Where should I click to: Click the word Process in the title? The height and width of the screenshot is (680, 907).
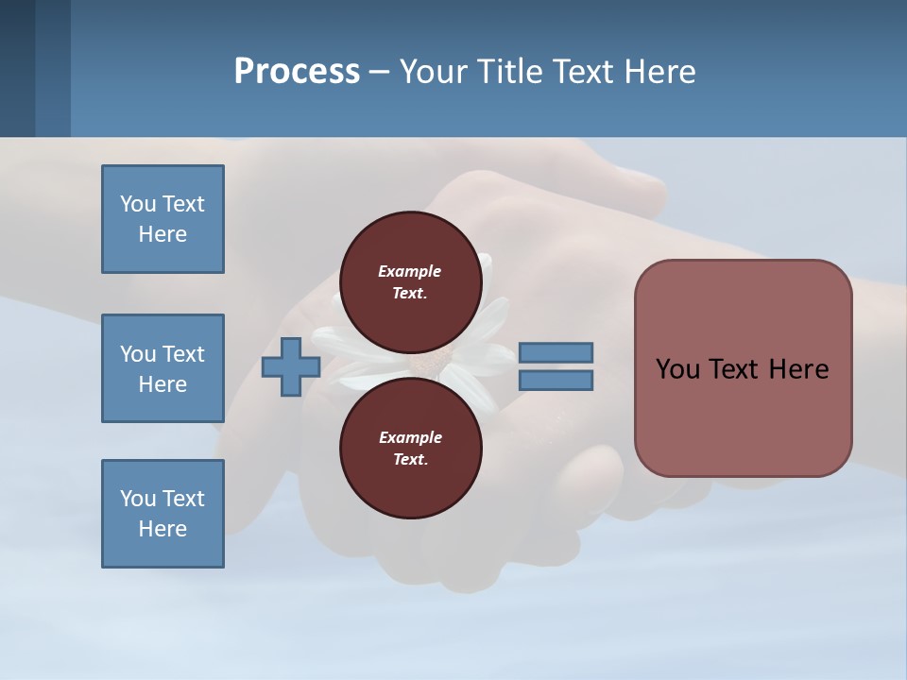pyautogui.click(x=297, y=72)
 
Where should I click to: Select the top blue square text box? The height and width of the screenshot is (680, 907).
pyautogui.click(x=163, y=219)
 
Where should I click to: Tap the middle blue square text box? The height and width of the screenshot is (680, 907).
pyautogui.click(x=163, y=368)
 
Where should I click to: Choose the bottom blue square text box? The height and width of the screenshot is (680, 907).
pyautogui.click(x=163, y=514)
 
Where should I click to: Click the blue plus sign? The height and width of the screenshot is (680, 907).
pyautogui.click(x=291, y=367)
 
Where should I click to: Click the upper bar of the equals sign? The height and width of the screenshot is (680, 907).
pyautogui.click(x=556, y=352)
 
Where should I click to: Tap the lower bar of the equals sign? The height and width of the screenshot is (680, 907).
pyautogui.click(x=556, y=381)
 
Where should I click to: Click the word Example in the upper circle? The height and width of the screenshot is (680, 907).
pyautogui.click(x=410, y=271)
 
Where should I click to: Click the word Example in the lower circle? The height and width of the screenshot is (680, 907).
pyautogui.click(x=410, y=437)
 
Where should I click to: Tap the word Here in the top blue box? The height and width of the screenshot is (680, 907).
pyautogui.click(x=163, y=234)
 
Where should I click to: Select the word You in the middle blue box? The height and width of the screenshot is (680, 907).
pyautogui.click(x=136, y=354)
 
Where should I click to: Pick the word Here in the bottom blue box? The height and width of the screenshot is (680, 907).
pyautogui.click(x=163, y=529)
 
